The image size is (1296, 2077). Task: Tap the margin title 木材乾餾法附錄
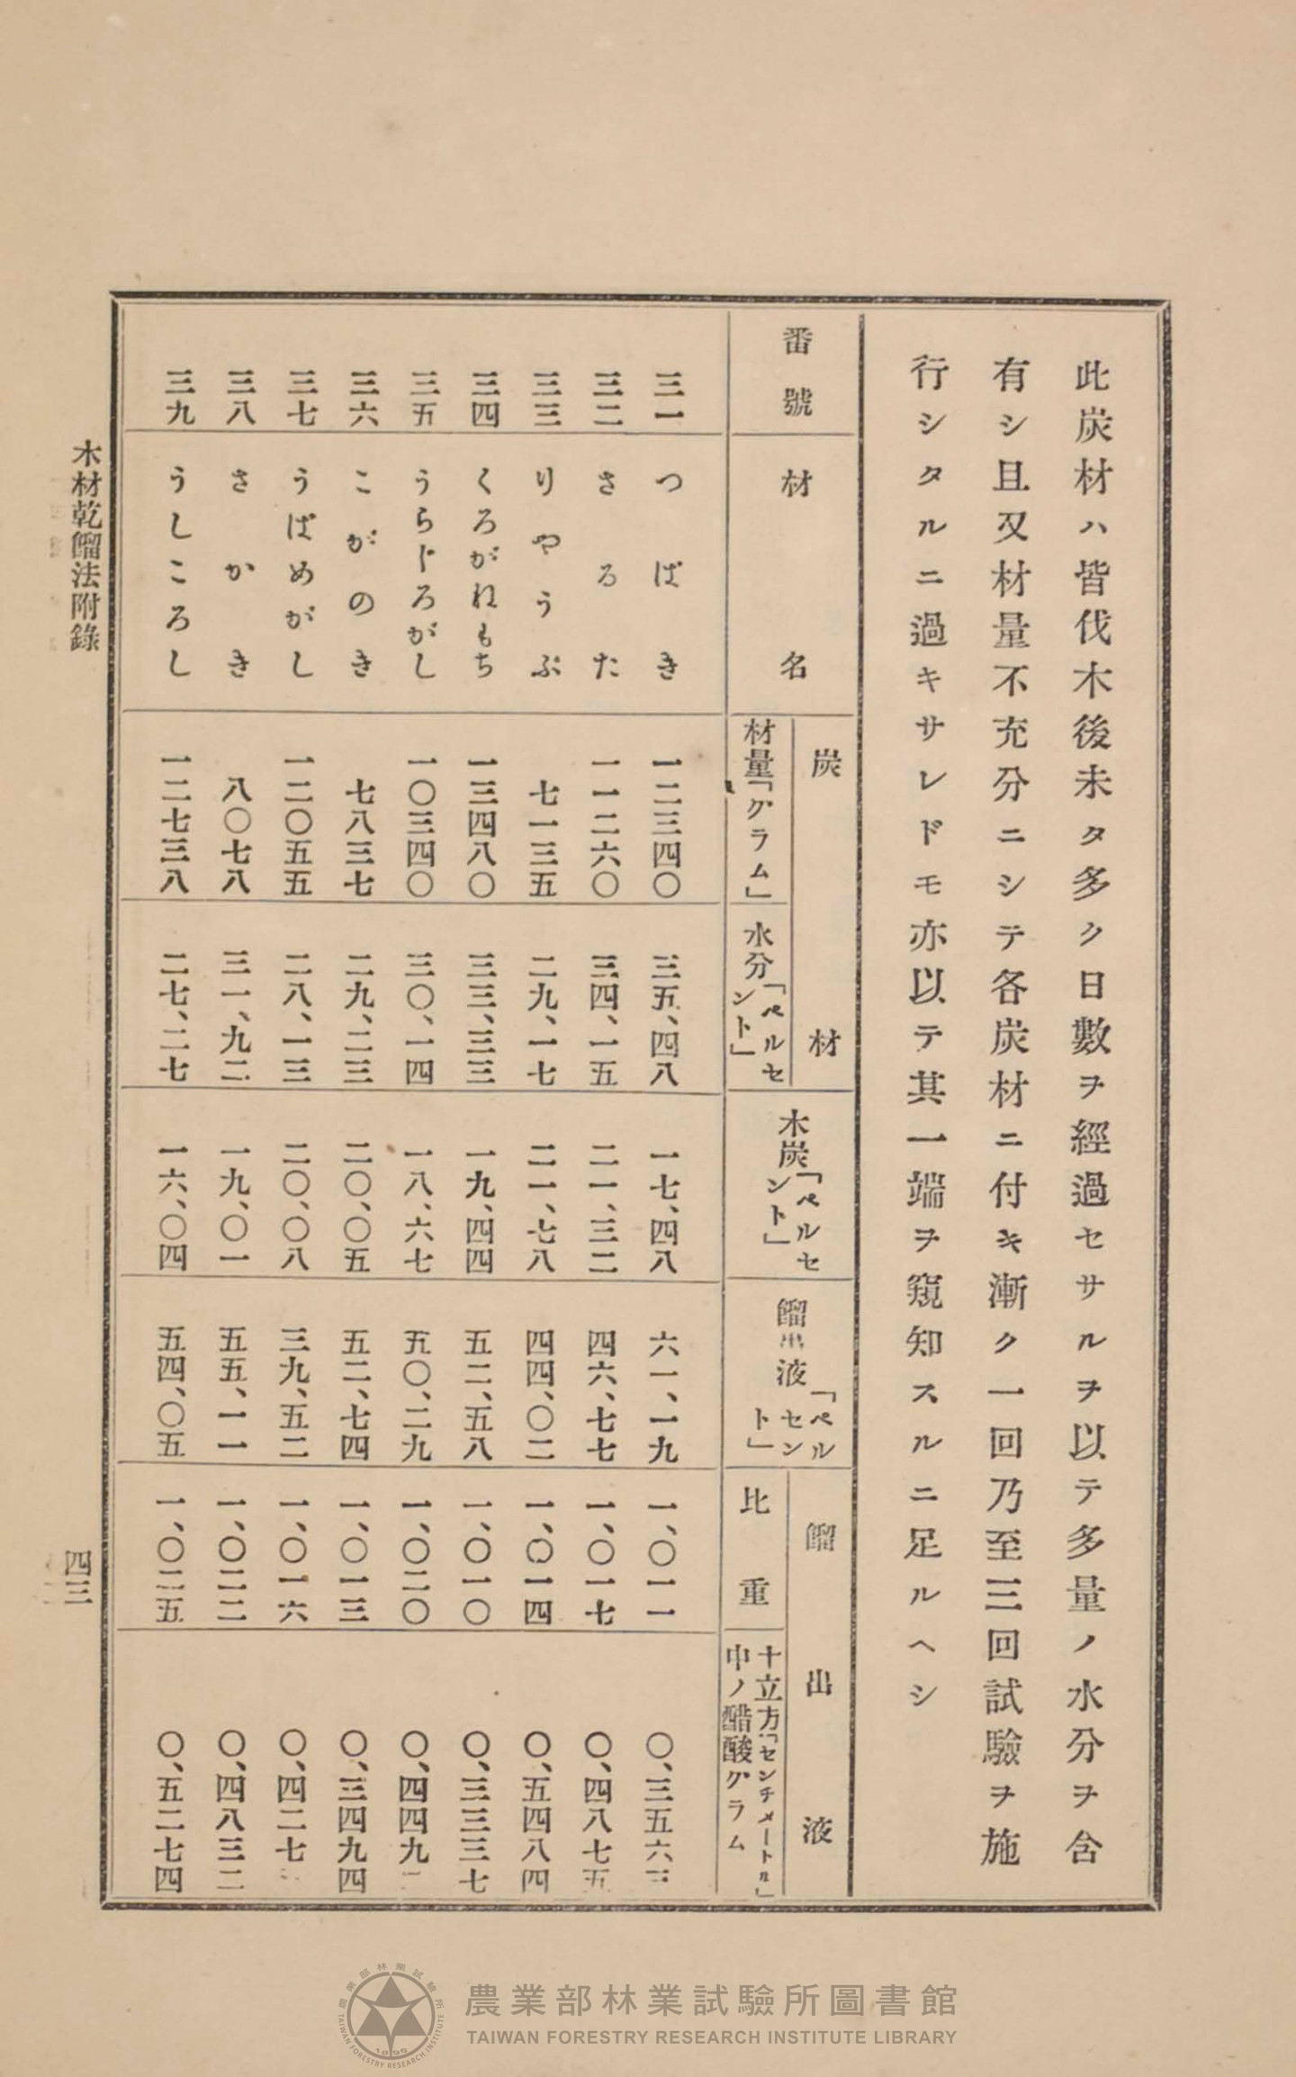(85, 548)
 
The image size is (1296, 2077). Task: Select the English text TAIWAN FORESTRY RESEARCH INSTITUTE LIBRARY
(710, 2011)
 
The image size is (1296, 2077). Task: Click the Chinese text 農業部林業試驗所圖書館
(710, 1974)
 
